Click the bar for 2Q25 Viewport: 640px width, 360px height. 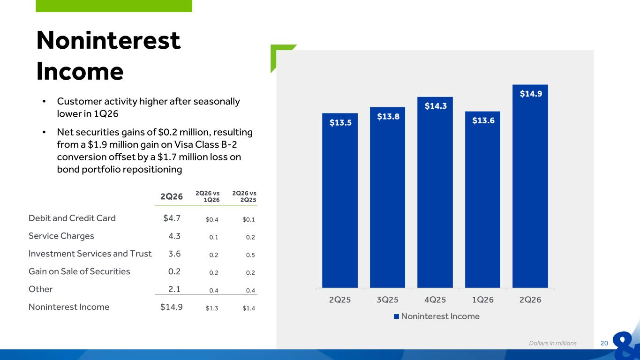[340, 200]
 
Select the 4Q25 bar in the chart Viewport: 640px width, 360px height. [435, 192]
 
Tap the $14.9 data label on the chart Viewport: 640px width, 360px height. [531, 94]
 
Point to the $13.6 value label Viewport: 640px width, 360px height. [483, 120]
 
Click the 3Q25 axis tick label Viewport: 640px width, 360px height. [387, 300]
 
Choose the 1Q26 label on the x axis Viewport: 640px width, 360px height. [482, 300]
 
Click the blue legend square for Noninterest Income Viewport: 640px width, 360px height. [396, 316]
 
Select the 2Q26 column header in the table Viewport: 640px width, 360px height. [172, 196]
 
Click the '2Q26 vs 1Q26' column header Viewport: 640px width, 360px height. [208, 196]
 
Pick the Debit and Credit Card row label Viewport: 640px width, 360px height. [72, 218]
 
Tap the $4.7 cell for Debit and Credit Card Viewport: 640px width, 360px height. [172, 218]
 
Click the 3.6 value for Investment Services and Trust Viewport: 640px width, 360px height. [174, 254]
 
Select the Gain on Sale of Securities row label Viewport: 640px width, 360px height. [79, 271]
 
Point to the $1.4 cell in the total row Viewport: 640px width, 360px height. [248, 308]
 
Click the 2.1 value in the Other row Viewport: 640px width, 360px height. [174, 289]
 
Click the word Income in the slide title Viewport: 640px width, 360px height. [80, 71]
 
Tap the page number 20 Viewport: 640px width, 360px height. [604, 343]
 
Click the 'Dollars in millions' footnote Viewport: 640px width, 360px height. [553, 343]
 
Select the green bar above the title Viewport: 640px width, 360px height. [114, 6]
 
